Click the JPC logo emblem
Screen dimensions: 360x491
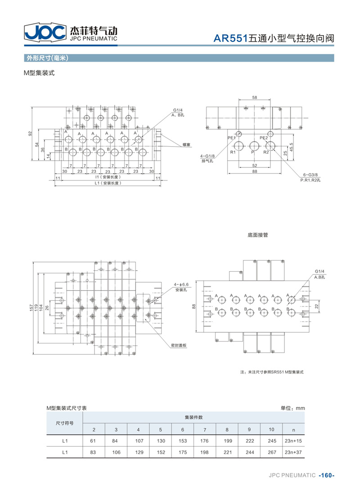[x=45, y=32]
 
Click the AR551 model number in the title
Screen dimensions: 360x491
[x=230, y=38]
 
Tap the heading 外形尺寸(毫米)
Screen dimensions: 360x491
[x=48, y=58]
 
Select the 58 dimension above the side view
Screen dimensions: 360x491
[x=255, y=97]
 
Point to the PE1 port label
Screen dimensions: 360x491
[x=231, y=138]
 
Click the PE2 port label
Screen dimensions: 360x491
[x=264, y=138]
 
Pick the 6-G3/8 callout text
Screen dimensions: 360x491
[x=310, y=175]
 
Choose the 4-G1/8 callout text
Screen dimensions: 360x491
[x=207, y=156]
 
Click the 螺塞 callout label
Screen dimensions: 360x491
[x=187, y=144]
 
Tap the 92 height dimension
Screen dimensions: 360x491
[x=30, y=133]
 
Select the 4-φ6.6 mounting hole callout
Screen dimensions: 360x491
[x=181, y=284]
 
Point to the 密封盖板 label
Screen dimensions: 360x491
[x=179, y=345]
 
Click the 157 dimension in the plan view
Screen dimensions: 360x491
[x=31, y=308]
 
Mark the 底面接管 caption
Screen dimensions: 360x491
[x=258, y=235]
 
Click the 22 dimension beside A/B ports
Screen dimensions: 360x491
[x=316, y=306]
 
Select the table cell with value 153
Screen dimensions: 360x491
[x=183, y=441]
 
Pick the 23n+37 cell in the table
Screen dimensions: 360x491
[x=293, y=452]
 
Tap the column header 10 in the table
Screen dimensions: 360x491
[x=271, y=429]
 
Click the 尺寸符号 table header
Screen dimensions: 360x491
[x=65, y=423]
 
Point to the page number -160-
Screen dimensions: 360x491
[x=327, y=475]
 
